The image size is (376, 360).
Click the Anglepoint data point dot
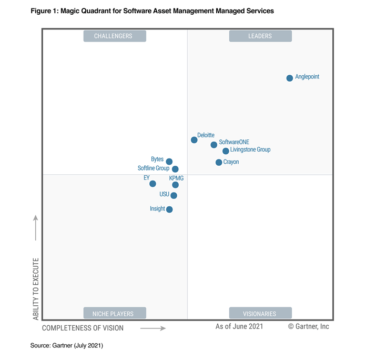[x=290, y=78]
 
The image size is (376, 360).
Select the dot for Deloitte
[x=194, y=140]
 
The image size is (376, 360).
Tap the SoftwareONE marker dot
[x=214, y=145]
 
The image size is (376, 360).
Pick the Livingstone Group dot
[x=226, y=151]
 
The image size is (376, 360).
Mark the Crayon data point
[x=219, y=162]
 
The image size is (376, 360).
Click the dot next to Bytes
[x=169, y=162]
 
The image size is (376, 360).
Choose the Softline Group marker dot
[x=175, y=169]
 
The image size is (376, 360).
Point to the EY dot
[x=153, y=184]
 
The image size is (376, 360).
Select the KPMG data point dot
[x=176, y=185]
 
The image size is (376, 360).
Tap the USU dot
[x=174, y=196]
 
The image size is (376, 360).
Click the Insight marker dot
[x=169, y=209]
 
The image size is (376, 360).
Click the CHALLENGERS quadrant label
[x=115, y=36]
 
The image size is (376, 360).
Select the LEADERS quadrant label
[x=260, y=36]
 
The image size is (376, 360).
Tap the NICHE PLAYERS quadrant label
[x=115, y=314]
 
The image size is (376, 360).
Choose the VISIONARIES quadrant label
[x=260, y=314]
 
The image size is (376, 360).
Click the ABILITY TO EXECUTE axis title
[x=36, y=288]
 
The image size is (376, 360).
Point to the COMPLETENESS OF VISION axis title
[x=83, y=328]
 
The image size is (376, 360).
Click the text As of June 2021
[x=239, y=326]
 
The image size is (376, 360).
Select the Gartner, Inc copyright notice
[x=309, y=326]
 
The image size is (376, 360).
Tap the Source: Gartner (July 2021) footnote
[x=67, y=345]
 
